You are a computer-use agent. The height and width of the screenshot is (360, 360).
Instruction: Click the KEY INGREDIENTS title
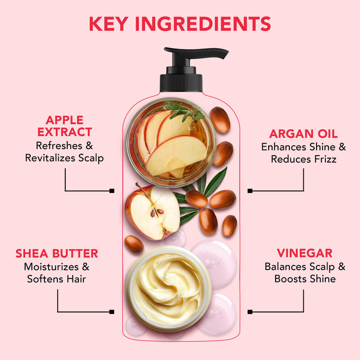click(x=180, y=24)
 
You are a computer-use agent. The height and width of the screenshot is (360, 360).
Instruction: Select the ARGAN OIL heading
click(x=303, y=134)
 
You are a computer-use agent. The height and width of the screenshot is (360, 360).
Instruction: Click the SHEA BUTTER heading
click(x=57, y=254)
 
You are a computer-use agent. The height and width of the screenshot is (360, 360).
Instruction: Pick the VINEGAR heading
click(x=305, y=253)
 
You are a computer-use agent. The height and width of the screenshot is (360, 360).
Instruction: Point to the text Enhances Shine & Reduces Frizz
click(x=303, y=153)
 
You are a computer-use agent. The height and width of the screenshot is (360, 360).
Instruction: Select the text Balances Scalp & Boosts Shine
click(x=305, y=273)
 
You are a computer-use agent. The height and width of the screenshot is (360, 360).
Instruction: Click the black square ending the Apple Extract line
click(x=112, y=191)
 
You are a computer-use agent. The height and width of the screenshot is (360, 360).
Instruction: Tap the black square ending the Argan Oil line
click(x=250, y=191)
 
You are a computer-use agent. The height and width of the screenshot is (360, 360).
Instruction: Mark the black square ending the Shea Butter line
click(x=112, y=312)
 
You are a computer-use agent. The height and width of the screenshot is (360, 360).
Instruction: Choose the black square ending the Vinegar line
click(x=250, y=312)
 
